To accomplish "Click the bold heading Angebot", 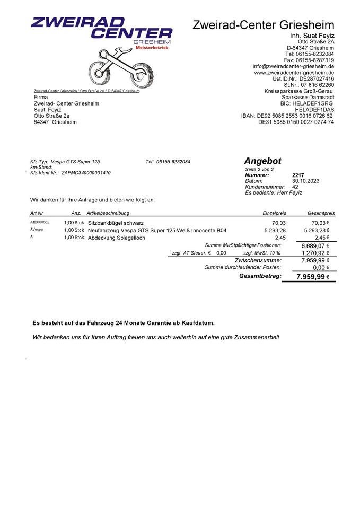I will coord(262,161).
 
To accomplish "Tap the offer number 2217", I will coord(298,175).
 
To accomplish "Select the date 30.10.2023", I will coord(305,181).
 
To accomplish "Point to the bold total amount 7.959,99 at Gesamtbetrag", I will coord(310,277).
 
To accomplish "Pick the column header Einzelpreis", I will coord(274,213).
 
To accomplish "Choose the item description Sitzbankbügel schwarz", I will coord(116,223).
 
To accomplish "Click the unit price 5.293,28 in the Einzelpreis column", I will coord(275,231).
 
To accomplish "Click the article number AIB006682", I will coord(40,223).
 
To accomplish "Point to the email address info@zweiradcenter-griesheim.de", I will coord(293,66).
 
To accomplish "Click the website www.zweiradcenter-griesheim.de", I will coord(294,72).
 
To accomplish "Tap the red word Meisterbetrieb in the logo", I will coord(152,48).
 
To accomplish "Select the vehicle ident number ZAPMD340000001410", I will coord(86,173).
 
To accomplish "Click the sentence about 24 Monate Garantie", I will coord(124,322).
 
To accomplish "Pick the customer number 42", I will coord(295,187).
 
